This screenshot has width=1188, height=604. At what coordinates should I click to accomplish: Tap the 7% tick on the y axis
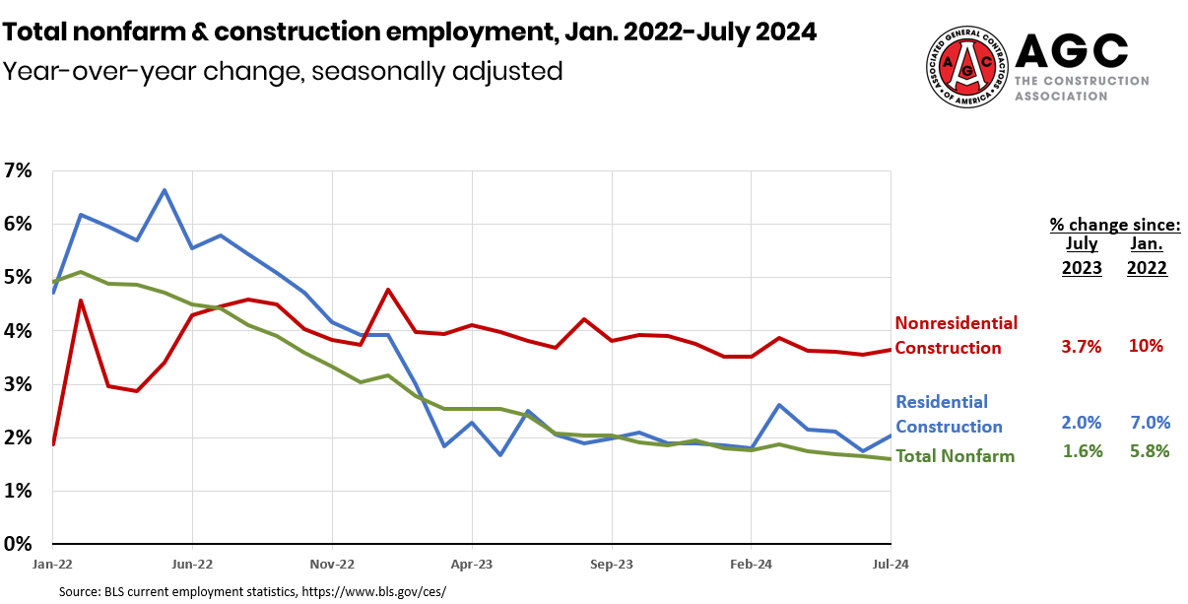click(x=18, y=170)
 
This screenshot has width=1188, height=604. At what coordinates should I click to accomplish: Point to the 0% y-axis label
click(x=18, y=544)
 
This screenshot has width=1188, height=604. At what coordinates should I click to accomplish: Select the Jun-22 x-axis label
click(x=192, y=565)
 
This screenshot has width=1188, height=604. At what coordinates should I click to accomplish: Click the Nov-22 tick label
click(x=332, y=565)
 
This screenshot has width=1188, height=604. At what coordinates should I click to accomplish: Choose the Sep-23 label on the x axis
click(x=612, y=565)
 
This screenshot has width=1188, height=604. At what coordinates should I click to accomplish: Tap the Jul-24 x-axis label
click(x=890, y=565)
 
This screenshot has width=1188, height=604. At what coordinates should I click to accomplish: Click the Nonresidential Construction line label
click(x=956, y=335)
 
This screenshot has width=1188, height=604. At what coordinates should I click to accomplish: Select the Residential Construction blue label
click(x=948, y=414)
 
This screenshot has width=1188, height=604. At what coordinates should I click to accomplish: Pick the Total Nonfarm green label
click(x=955, y=455)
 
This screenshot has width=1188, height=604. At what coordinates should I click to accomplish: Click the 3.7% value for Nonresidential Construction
click(x=1081, y=346)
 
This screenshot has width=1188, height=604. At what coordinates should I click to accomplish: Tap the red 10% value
click(x=1147, y=346)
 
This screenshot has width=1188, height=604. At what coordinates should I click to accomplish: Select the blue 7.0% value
click(x=1150, y=422)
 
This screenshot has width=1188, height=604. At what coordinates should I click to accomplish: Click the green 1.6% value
click(x=1082, y=451)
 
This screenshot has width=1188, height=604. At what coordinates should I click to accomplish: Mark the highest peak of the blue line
click(x=164, y=190)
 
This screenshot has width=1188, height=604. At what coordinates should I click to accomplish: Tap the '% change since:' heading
click(x=1114, y=225)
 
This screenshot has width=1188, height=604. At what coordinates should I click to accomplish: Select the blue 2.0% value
click(x=1082, y=422)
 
